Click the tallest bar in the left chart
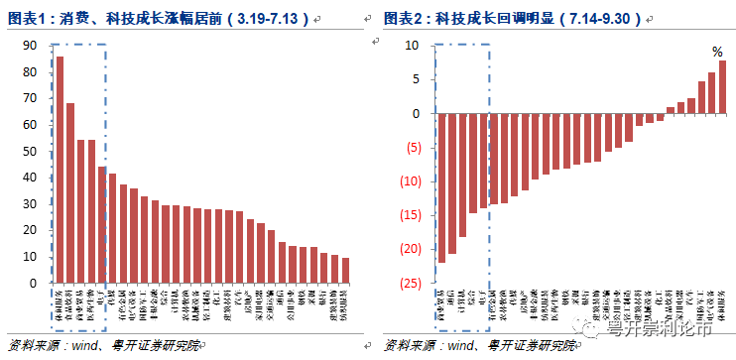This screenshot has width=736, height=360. pyautogui.click(x=60, y=170)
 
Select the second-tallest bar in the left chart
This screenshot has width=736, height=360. pyautogui.click(x=70, y=192)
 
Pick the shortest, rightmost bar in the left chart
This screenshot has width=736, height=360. pyautogui.click(x=345, y=271)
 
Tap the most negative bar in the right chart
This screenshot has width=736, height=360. pyautogui.click(x=441, y=187)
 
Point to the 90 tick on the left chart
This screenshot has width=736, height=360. pyautogui.click(x=29, y=45)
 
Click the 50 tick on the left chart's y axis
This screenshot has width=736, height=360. pyautogui.click(x=29, y=151)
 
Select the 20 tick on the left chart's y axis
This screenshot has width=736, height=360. pyautogui.click(x=29, y=230)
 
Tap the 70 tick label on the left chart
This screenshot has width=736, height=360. pyautogui.click(x=29, y=98)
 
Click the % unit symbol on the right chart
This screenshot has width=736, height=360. pyautogui.click(x=717, y=52)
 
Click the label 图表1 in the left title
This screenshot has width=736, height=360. pyautogui.click(x=27, y=19)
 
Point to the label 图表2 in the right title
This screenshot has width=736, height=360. pyautogui.click(x=404, y=19)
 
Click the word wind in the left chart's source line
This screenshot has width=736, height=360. pyautogui.click(x=90, y=345)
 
